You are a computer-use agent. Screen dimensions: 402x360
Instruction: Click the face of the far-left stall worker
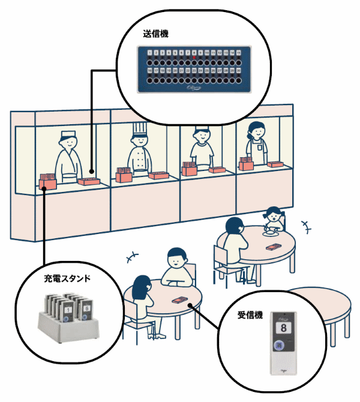click(67, 143)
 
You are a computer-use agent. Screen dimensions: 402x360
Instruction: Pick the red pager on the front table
click(179, 300)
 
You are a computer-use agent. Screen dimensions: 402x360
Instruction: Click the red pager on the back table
click(273, 247)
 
